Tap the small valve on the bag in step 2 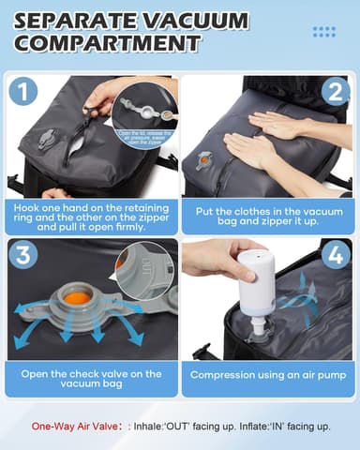203,161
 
